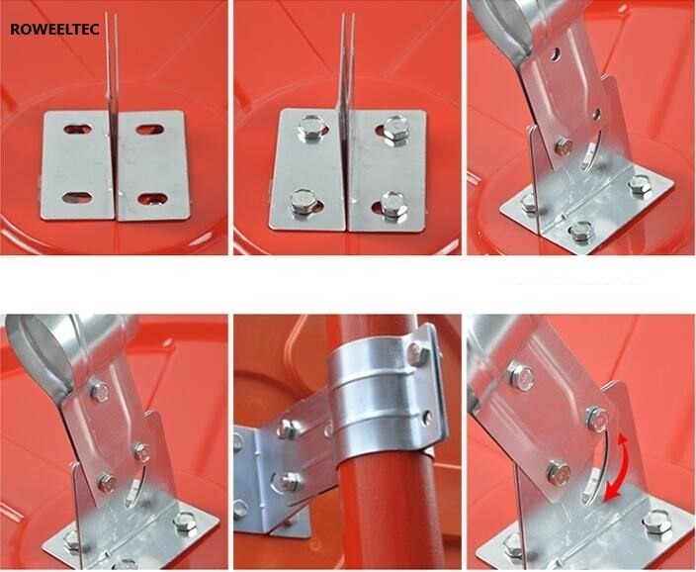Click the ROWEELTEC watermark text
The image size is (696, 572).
coord(54,30)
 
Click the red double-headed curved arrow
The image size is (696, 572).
coord(618,466)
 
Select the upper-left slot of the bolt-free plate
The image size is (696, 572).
coord(78,130)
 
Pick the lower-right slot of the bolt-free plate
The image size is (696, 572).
coord(152,199)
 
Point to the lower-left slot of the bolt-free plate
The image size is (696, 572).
coord(77,198)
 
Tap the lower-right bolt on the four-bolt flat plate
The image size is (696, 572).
coord(392,205)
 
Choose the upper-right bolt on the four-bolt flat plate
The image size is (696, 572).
coord(394,130)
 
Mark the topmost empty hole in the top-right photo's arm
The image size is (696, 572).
coord(555,54)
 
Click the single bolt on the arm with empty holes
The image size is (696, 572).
coord(563,145)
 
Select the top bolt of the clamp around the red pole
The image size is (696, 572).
coord(416,353)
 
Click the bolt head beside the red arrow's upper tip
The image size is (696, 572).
coord(597,420)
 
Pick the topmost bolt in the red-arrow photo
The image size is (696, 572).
coord(521,376)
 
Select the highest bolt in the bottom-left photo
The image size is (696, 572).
coord(100,391)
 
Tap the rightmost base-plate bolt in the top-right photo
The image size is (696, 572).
coord(640,185)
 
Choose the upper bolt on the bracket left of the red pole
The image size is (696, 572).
coord(287,429)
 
